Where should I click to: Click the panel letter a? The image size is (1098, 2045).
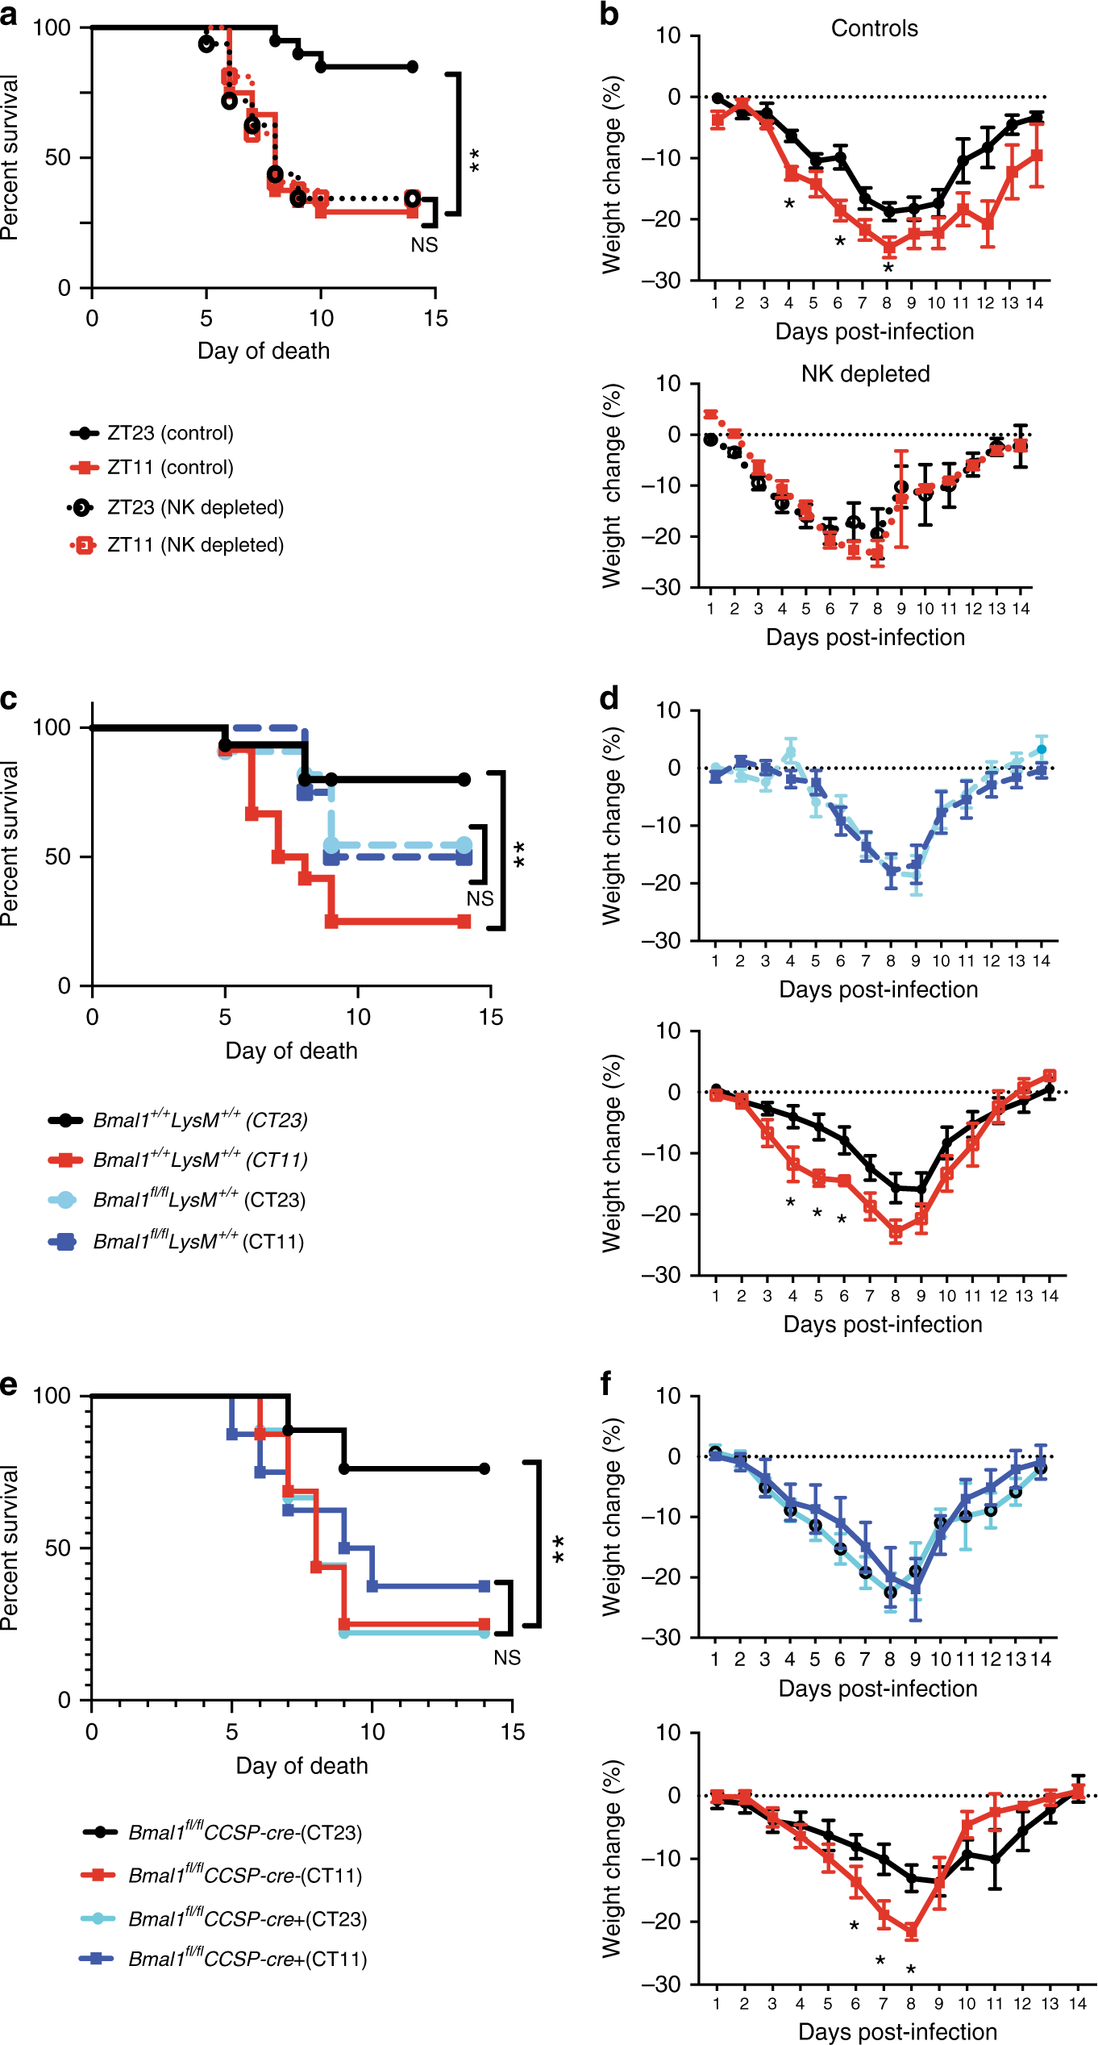point(9,14)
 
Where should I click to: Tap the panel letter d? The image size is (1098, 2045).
point(609,698)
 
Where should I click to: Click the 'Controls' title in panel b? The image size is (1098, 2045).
point(874,28)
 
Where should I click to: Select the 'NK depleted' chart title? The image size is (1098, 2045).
point(865,373)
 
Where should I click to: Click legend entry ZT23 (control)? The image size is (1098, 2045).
point(169,433)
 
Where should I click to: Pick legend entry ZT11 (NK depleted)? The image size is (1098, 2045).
point(195,545)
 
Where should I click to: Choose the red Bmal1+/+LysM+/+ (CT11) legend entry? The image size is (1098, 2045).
point(200,1160)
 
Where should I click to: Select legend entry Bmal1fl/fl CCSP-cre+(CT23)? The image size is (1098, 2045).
point(247,1918)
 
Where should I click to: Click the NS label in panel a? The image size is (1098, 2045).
point(424,244)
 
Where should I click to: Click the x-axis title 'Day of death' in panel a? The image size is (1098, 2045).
point(264,351)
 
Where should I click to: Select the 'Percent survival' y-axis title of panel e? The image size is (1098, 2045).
point(10,1547)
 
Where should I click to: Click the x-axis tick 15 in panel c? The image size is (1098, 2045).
point(490,1017)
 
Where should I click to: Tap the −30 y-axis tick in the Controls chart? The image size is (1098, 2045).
point(661,280)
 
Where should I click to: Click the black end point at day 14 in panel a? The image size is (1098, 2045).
point(412,66)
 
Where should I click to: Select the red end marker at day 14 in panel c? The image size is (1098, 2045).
point(464,922)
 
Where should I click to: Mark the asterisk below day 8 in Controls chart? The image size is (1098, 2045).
point(888,268)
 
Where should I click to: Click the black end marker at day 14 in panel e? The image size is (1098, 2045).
point(484,1468)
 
